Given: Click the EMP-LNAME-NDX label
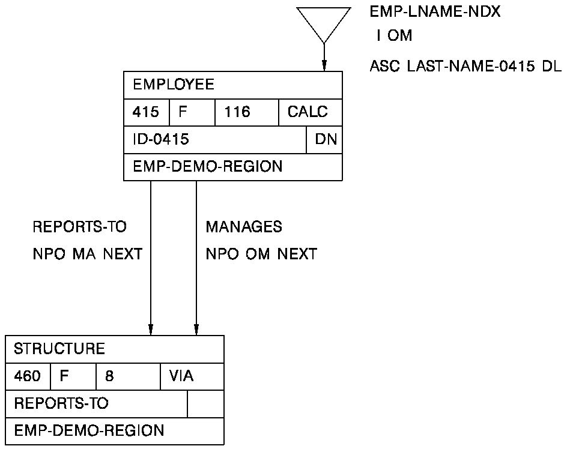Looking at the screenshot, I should point(435,12).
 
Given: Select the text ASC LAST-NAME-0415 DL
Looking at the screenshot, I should point(465,67).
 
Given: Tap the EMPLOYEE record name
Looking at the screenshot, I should point(174,85).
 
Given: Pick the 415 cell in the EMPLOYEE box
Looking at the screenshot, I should point(146,112).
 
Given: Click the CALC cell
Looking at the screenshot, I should point(308,112).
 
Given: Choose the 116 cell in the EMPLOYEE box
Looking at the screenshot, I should point(237,112).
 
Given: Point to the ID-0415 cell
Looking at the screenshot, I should point(161,140).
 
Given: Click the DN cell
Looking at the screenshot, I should point(325,140).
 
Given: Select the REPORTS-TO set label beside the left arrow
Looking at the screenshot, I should point(79,228).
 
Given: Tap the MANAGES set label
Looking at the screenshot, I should point(244,228).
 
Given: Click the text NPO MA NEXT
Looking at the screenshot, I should point(87,255).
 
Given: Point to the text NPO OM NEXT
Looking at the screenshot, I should point(261,255).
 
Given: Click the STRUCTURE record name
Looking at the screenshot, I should point(59,349).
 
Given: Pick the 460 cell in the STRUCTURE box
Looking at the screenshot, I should point(28,376).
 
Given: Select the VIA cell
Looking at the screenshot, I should point(181,376).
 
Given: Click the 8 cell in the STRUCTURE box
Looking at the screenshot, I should point(109,376).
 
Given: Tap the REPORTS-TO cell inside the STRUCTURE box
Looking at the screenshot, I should point(61,403).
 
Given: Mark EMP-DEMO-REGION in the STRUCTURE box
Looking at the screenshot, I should point(88,431).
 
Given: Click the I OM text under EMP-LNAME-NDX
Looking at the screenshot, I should point(394,36).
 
